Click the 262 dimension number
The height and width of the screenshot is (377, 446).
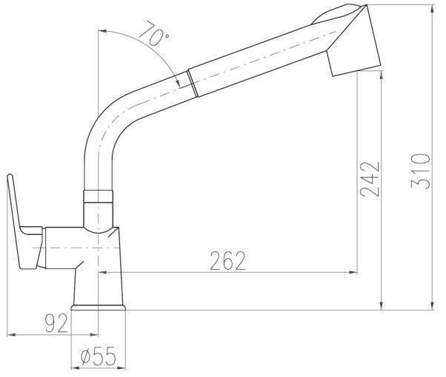tap(227, 260)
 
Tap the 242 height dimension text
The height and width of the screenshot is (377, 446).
tap(370, 180)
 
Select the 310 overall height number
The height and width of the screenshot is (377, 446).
tap(421, 171)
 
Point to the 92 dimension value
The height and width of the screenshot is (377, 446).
tap(56, 323)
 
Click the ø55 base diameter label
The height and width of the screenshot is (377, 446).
tap(99, 356)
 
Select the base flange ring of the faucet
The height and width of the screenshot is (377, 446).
tap(98, 308)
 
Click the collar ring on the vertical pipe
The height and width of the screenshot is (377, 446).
tap(98, 196)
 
